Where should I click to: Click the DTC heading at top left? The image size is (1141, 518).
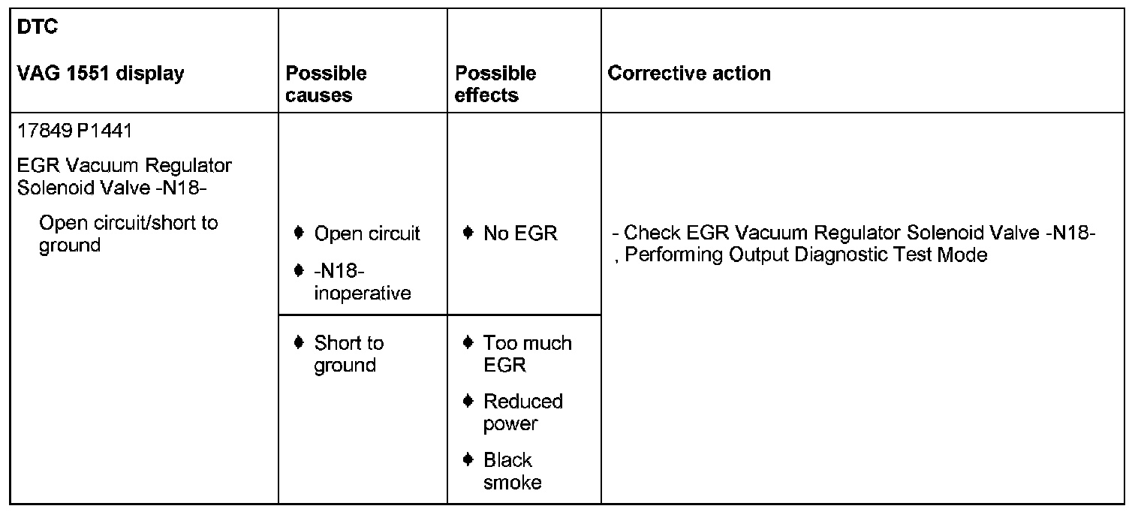coord(38,29)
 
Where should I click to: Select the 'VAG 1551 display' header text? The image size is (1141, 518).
coord(100,74)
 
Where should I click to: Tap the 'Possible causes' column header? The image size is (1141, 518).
coord(327,84)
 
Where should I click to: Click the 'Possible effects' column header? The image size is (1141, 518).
coord(495,84)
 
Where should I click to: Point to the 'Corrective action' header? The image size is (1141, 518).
coord(689,74)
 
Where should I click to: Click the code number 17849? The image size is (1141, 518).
coord(44,131)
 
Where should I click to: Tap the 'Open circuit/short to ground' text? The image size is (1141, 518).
coord(128,234)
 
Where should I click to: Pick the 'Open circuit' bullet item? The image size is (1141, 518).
coord(367,233)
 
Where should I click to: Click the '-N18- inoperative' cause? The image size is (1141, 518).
coord(362,282)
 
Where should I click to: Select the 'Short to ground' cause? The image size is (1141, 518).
coord(348,354)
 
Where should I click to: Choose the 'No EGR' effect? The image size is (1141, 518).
coord(520,233)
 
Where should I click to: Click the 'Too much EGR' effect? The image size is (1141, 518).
coord(527,354)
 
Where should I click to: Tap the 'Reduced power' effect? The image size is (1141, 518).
coord(522,412)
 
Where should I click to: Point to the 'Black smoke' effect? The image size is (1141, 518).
coord(511,471)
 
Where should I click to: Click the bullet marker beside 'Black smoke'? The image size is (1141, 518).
coord(468,459)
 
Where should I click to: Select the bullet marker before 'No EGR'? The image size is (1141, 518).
coord(468,233)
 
